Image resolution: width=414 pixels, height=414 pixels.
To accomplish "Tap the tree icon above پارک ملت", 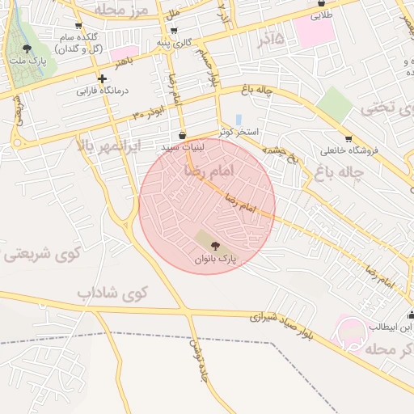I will [x=27, y=49].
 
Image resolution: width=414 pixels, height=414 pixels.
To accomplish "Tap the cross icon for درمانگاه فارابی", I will [x=102, y=78].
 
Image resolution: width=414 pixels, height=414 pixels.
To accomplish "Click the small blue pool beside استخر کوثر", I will [x=239, y=119].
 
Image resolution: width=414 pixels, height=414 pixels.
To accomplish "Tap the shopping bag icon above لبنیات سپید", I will [x=182, y=135].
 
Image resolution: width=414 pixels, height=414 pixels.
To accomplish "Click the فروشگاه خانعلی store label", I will [x=347, y=150].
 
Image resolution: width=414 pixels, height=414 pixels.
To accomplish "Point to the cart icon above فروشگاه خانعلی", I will [x=348, y=138].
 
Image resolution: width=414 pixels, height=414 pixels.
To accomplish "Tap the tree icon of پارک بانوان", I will [x=214, y=246].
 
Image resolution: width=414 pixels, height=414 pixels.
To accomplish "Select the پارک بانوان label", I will [x=214, y=260].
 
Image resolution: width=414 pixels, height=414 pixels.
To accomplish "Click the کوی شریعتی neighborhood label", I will [x=38, y=255].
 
